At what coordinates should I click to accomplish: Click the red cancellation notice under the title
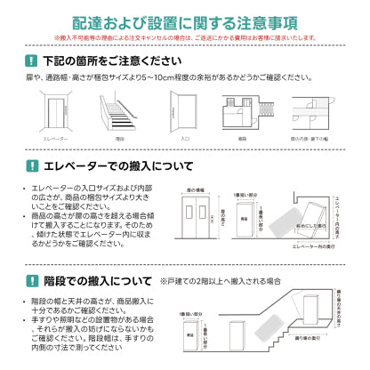coord(184,38)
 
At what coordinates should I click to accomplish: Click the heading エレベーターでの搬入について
coord(117,166)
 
